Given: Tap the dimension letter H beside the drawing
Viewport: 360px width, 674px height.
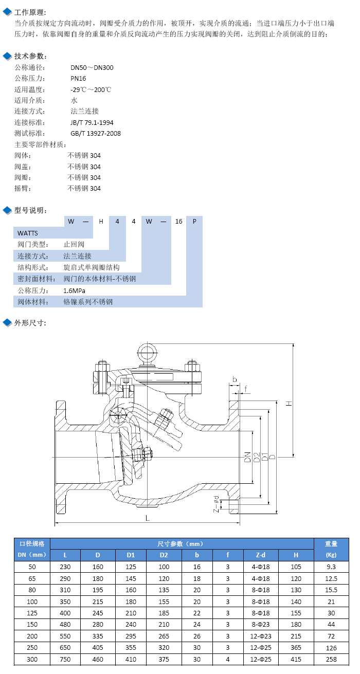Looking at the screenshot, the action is (289, 403).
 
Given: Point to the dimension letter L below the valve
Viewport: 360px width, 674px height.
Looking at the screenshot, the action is (148, 518).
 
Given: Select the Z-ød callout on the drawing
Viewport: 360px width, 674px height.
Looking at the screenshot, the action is (216, 504).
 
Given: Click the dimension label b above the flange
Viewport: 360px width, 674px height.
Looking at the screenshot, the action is (235, 379).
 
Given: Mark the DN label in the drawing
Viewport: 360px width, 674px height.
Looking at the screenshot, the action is (247, 457).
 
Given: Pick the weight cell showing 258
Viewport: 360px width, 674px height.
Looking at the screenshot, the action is (331, 659).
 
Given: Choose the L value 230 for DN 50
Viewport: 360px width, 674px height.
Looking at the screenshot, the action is (65, 567).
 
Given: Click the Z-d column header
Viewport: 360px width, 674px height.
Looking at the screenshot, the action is (261, 555).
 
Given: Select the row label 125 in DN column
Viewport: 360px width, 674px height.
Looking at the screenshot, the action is (32, 613).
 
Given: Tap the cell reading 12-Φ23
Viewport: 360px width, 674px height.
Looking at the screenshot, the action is (261, 636).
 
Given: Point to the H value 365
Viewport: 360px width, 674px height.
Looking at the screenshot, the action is (296, 647).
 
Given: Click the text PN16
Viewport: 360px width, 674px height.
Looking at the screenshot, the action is (78, 79).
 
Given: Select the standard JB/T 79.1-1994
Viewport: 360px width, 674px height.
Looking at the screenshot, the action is (92, 123).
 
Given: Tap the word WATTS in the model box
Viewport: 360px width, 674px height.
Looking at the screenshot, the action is (28, 233).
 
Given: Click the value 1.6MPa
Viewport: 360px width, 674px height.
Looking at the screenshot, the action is (74, 290).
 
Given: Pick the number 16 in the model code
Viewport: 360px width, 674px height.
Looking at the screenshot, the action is (179, 222).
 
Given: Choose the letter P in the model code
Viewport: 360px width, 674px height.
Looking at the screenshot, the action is (194, 222).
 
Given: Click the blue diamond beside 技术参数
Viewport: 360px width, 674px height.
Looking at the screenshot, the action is (7, 56).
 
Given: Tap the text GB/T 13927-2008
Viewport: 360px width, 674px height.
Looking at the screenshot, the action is (96, 134).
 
